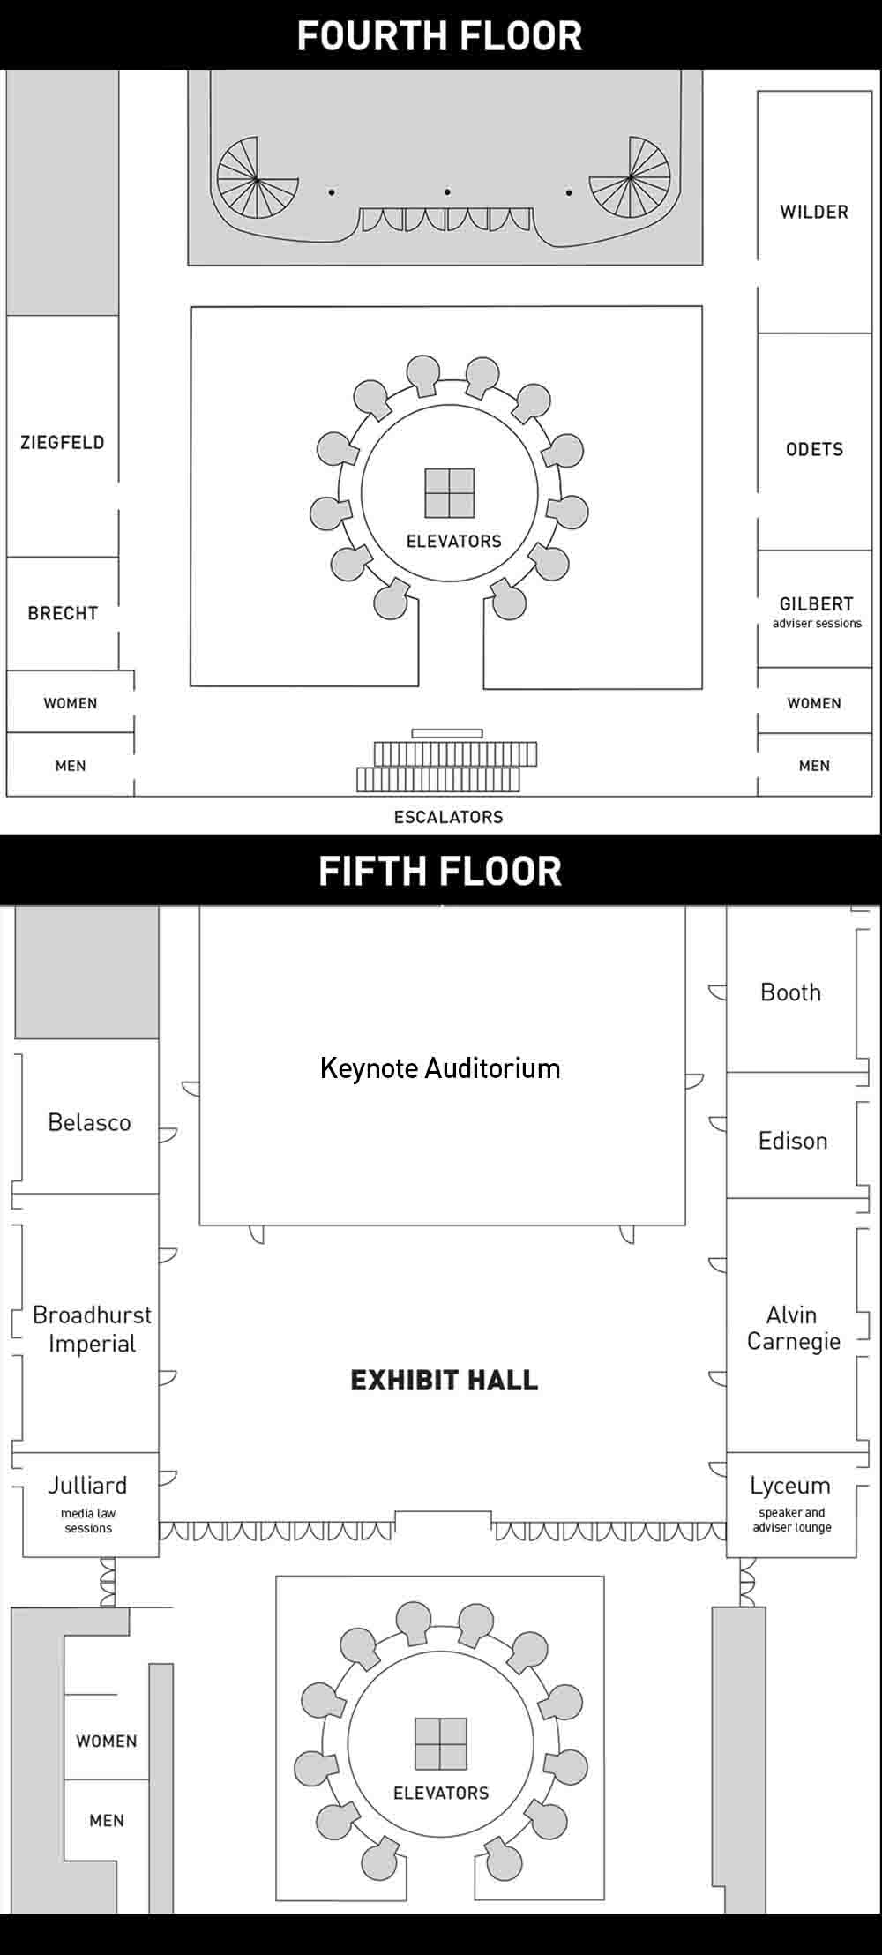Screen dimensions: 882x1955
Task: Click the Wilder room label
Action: [x=813, y=212]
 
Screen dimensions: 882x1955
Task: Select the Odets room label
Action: [x=814, y=449]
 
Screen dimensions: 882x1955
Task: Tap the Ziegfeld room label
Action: [x=63, y=442]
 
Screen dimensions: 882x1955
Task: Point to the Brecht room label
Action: [x=63, y=613]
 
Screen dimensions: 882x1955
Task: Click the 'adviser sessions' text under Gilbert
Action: [x=817, y=623]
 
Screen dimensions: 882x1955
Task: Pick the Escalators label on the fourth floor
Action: [x=448, y=817]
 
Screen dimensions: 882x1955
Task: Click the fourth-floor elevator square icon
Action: [x=450, y=492]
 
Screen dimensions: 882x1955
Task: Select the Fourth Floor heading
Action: [x=440, y=36]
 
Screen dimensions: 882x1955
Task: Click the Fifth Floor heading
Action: [x=440, y=871]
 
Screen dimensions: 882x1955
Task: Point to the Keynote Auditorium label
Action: [x=440, y=1068]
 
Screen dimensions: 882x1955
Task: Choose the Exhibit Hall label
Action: [x=445, y=1380]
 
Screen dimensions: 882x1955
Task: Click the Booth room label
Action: [x=791, y=992]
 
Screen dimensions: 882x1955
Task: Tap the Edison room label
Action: [x=793, y=1141]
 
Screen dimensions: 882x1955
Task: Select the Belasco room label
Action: [x=89, y=1122]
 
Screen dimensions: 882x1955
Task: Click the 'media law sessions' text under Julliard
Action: [x=88, y=1520]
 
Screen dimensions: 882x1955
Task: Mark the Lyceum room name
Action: [x=790, y=1487]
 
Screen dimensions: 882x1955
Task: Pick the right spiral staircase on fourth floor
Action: [x=630, y=178]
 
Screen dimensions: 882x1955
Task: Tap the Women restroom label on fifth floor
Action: [x=107, y=1741]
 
